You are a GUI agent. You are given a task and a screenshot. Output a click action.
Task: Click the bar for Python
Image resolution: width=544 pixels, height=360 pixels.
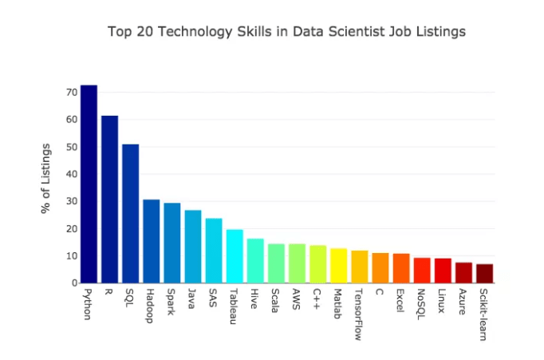tap(89, 184)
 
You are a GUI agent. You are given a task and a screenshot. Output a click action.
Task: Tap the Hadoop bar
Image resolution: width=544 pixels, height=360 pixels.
tap(151, 241)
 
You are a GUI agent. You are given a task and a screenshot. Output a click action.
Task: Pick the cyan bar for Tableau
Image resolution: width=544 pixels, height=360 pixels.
tap(235, 256)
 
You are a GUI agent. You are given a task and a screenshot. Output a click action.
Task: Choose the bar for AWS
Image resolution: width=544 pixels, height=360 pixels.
tap(297, 263)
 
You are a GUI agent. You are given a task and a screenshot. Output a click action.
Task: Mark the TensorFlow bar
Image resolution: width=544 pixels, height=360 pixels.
tap(359, 267)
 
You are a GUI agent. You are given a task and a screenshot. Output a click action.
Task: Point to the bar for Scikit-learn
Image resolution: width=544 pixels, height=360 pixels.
tap(484, 273)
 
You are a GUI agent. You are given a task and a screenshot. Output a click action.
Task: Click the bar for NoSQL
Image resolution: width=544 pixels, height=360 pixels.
tap(422, 270)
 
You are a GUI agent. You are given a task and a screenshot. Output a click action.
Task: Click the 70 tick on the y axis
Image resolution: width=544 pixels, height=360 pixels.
tap(71, 93)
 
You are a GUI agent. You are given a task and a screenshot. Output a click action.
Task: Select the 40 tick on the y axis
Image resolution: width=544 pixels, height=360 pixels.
tap(71, 174)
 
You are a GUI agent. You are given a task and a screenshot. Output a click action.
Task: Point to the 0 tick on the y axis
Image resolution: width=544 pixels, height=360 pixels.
tap(74, 283)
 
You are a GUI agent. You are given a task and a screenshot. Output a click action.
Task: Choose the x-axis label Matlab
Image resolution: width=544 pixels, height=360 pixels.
tap(338, 301)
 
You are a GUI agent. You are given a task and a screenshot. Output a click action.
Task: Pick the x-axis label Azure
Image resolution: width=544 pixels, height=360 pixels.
tap(463, 299)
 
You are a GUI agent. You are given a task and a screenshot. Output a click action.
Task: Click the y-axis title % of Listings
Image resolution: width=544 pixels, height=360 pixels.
tap(46, 178)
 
